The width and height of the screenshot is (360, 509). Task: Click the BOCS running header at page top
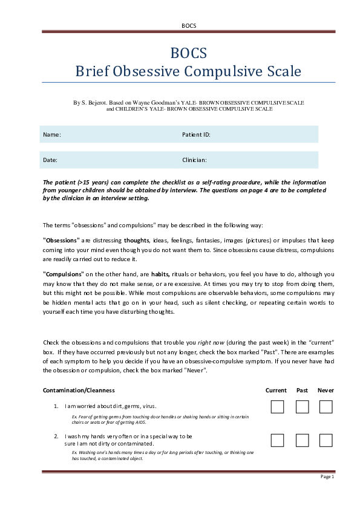188,25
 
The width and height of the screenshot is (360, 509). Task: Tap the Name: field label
52,134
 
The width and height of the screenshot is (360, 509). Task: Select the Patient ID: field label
196,134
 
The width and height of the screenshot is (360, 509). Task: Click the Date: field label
50,160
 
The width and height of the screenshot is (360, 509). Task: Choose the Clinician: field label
195,160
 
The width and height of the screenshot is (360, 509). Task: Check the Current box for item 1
277,407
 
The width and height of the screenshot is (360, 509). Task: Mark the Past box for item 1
302,407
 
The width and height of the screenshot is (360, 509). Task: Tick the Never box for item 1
326,407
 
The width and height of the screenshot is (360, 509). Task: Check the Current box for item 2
277,440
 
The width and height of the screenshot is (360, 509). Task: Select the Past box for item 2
302,440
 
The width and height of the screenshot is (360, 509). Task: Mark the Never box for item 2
326,440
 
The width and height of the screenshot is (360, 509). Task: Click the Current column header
277,391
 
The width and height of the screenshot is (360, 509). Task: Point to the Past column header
302,391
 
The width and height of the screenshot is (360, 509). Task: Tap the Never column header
326,391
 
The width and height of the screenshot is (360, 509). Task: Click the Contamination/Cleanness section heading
79,391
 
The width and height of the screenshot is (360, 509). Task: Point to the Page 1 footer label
327,477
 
